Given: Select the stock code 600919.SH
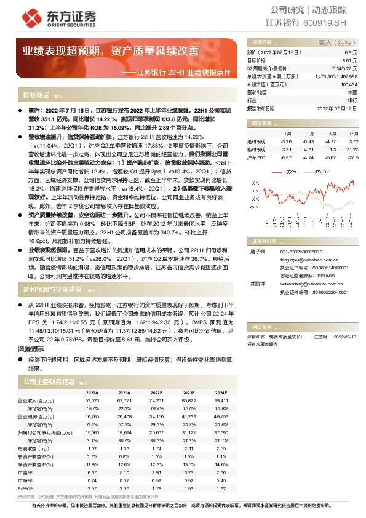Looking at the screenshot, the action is coord(330,23).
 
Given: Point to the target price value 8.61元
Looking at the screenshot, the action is coord(349,60).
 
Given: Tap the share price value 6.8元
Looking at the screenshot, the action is coord(351,54).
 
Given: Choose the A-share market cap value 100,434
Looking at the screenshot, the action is coord(349,84).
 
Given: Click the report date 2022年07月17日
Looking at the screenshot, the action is coord(337,108).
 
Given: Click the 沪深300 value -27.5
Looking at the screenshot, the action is coord(352,157).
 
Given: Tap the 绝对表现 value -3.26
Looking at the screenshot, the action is coord(286,141).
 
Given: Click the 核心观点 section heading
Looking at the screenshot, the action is coord(36,95).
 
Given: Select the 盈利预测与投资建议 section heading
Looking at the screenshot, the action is coord(52,289).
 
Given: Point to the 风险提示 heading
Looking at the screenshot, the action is coord(35,348).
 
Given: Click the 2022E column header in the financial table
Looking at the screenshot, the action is coord(156,392).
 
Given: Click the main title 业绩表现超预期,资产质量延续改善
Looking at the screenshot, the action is coord(111,50).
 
